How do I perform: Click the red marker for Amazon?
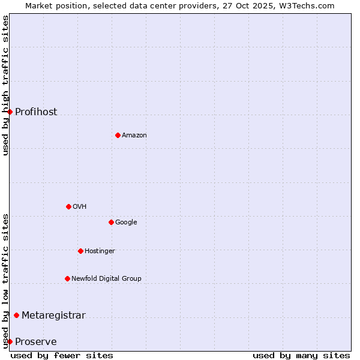[118, 135]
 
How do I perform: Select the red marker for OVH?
[68, 206]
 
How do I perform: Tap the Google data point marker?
[111, 222]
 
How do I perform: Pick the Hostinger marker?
[80, 251]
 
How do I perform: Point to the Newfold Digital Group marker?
[67, 278]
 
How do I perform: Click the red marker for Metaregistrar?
[16, 315]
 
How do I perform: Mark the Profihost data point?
[10, 112]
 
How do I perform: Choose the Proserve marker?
[10, 341]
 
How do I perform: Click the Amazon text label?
[134, 136]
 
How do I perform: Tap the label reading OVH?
[80, 207]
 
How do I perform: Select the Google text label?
[126, 223]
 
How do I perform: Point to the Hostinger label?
[100, 251]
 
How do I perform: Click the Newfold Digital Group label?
[106, 279]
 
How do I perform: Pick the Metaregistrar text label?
[53, 316]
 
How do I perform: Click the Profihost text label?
[36, 112]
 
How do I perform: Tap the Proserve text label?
[36, 342]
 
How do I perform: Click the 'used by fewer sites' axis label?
[62, 355]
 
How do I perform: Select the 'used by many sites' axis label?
[301, 355]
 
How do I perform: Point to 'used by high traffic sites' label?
[5, 85]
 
